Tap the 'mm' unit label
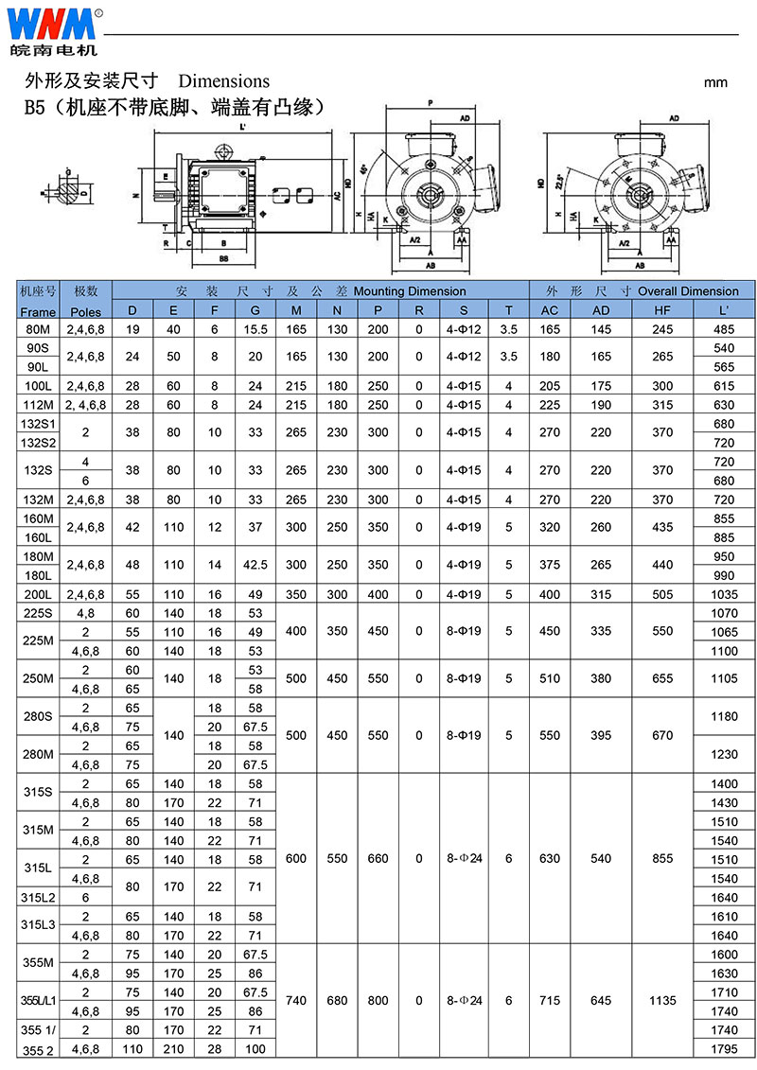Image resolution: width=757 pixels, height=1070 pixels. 715,82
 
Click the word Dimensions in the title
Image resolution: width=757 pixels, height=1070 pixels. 223,81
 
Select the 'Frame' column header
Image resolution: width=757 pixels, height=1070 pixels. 38,311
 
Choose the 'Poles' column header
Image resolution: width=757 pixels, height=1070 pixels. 85,311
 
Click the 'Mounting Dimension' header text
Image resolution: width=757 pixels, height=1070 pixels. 410,291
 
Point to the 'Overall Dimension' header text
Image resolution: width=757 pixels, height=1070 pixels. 688,291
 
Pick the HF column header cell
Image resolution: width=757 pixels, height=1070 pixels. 661,311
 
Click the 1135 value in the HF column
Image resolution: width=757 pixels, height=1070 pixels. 661,1000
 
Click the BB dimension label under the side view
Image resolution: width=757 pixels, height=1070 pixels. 223,257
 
